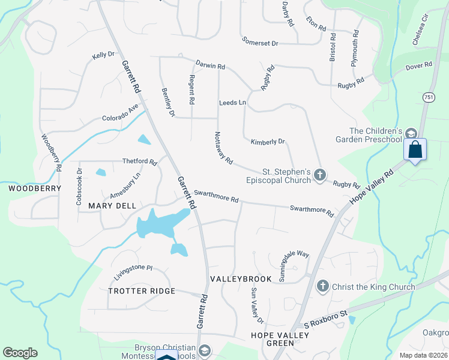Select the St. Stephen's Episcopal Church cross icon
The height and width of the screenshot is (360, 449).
[320, 175]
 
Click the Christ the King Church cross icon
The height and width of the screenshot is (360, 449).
[322, 286]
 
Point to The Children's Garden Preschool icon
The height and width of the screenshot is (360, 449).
[411, 133]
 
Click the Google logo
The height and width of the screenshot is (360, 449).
[20, 353]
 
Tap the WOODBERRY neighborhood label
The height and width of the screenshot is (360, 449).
[35, 188]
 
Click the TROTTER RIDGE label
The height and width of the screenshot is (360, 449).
[142, 291]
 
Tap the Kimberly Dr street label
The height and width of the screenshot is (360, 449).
[268, 142]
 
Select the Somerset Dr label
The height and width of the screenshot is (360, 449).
[261, 43]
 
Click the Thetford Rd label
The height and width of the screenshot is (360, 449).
[139, 162]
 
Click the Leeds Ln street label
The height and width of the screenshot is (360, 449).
[233, 103]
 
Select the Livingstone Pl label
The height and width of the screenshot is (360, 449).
[133, 272]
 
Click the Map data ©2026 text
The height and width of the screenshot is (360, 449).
[423, 355]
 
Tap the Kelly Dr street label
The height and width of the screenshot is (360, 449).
[103, 55]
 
